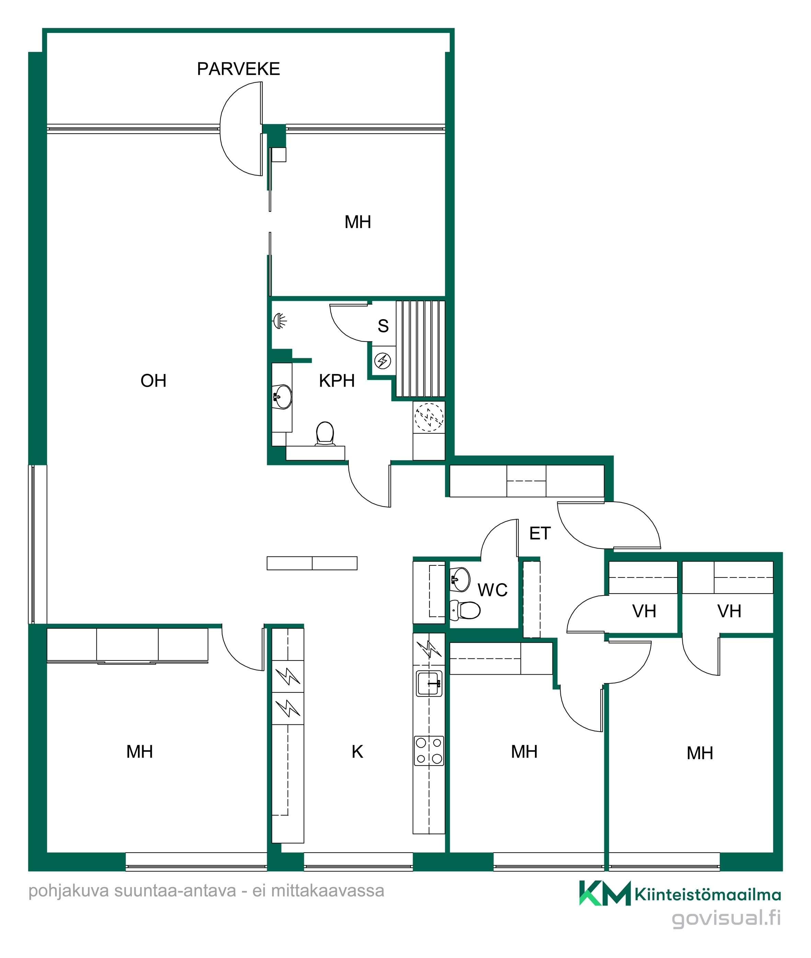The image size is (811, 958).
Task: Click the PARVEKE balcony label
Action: click(x=238, y=69)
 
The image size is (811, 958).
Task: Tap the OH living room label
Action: click(x=153, y=381)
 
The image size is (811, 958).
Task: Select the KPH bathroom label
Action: click(x=336, y=381)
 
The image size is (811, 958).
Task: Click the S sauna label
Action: click(x=383, y=326)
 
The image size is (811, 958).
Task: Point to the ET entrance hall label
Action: click(x=540, y=533)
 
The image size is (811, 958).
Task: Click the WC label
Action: click(x=492, y=590)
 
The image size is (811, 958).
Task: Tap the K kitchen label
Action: click(x=357, y=752)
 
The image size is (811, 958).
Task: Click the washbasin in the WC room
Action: click(x=460, y=579)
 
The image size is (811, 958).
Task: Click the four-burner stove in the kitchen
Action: click(x=429, y=751)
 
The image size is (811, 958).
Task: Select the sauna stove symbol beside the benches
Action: click(x=382, y=361)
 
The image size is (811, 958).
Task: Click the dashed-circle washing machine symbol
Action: click(x=429, y=417)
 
